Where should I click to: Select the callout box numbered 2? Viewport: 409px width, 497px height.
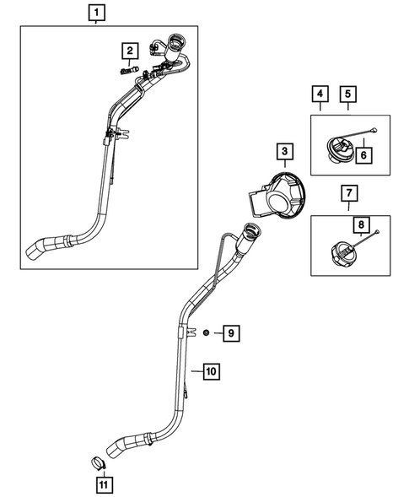[x=130, y=52]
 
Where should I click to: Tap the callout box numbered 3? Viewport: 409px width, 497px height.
[x=285, y=152]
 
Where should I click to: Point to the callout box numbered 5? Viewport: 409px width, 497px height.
[x=348, y=93]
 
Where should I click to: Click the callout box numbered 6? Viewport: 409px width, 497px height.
[x=364, y=154]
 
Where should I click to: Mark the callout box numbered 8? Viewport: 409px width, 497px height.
[x=360, y=225]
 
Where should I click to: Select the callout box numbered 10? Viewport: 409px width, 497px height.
[x=211, y=370]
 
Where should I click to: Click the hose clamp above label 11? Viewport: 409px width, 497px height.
[x=99, y=463]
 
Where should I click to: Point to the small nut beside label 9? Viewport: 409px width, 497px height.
[x=207, y=335]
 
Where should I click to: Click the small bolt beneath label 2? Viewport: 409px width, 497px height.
[x=128, y=73]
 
